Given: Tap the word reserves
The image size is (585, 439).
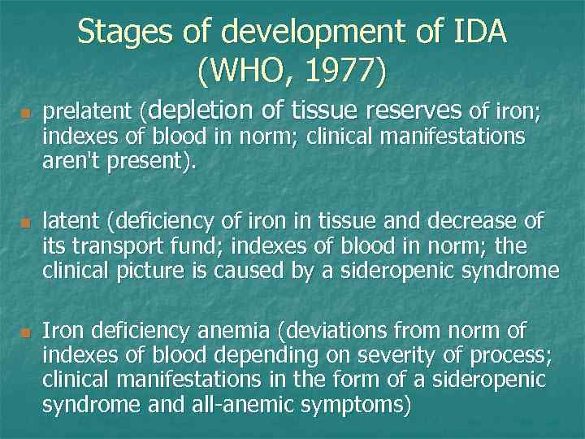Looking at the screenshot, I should (x=415, y=109).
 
